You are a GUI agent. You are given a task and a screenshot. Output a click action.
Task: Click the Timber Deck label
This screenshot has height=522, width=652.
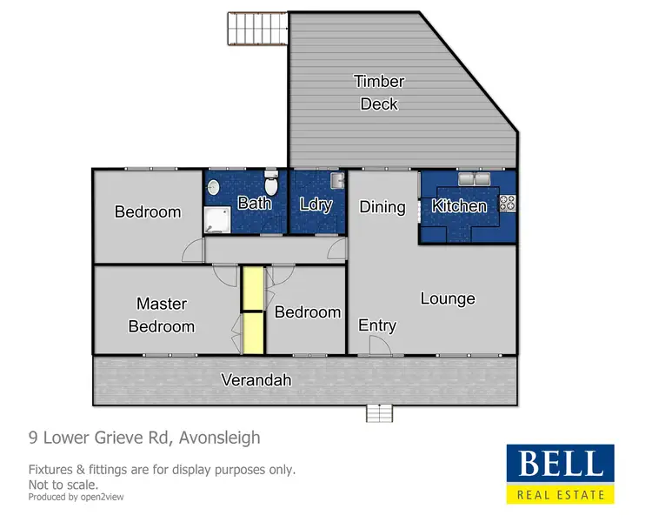point(379,92)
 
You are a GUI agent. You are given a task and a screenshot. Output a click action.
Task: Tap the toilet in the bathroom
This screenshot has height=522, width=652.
point(271,186)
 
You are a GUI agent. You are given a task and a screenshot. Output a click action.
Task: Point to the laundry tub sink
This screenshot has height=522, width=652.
point(337,181)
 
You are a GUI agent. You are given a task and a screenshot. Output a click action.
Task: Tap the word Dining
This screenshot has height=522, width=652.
point(383,207)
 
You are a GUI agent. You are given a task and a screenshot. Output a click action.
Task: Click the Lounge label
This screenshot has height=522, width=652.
point(448,298)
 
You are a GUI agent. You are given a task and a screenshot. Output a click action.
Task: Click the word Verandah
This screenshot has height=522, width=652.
point(256,380)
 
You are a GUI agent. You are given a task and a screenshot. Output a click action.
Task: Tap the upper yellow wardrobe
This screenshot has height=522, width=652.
point(252,288)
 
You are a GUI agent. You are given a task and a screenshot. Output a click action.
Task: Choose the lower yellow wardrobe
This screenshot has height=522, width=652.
point(252,332)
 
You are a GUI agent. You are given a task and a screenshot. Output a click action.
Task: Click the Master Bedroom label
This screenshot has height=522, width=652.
point(162,315)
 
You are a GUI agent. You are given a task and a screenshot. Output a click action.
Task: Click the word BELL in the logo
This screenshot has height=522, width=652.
point(560,465)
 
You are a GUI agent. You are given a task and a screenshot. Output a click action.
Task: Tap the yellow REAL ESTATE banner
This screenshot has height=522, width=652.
point(560,495)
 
